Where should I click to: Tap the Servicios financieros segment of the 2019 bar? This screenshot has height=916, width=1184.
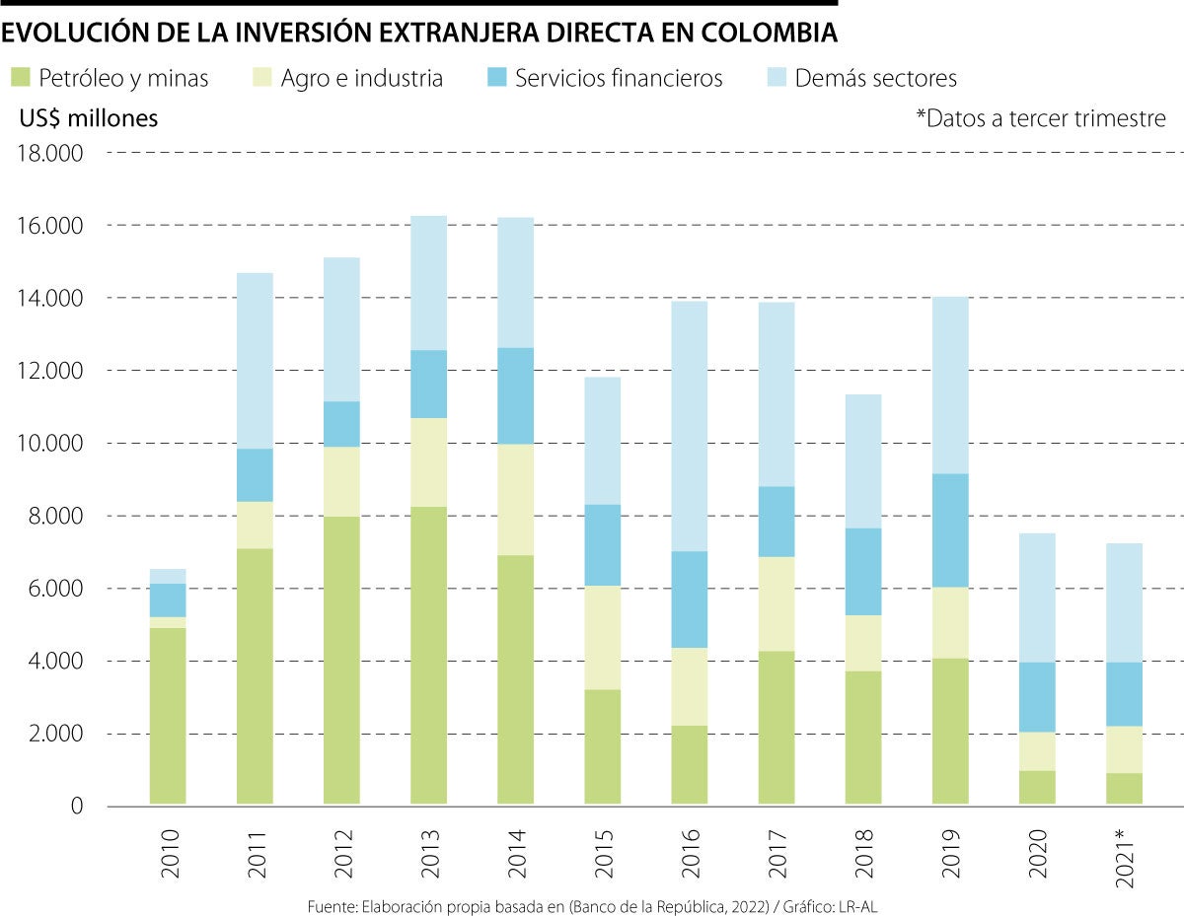tap(950, 530)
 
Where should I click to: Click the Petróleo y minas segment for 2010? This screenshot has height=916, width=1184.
tap(168, 716)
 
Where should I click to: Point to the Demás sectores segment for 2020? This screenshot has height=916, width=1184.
tap(1036, 598)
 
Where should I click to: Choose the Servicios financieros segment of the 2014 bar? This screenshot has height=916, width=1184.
tap(515, 395)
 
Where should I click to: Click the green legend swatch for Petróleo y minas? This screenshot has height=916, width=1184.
tap(20, 78)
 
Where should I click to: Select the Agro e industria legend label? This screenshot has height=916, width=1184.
tap(361, 79)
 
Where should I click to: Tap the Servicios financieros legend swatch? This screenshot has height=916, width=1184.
tap(499, 78)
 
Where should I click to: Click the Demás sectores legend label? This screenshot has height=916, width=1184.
tap(876, 79)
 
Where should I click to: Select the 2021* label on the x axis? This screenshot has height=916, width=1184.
tap(1125, 853)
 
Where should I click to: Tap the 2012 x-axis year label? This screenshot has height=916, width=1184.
tap(341, 853)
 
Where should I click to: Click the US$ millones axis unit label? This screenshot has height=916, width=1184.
tap(89, 118)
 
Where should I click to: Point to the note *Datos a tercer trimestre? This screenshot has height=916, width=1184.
tap(1041, 119)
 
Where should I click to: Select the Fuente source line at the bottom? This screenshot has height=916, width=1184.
tap(591, 905)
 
